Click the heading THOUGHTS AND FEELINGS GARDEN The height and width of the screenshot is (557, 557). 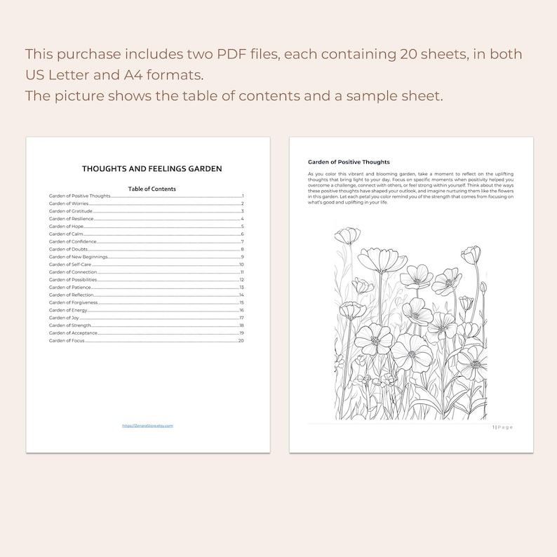(152, 169)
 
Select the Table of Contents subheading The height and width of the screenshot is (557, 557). (152, 189)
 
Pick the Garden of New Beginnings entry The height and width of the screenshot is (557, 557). (79, 257)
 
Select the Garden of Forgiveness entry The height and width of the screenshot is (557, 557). (74, 302)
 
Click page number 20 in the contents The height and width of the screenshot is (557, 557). (241, 340)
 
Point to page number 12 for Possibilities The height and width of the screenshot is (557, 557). (241, 280)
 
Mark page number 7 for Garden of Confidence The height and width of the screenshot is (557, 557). (242, 242)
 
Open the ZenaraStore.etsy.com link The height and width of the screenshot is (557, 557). (147, 426)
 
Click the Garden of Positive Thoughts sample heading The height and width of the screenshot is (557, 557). (349, 162)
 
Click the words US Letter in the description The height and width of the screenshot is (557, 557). (62, 75)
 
